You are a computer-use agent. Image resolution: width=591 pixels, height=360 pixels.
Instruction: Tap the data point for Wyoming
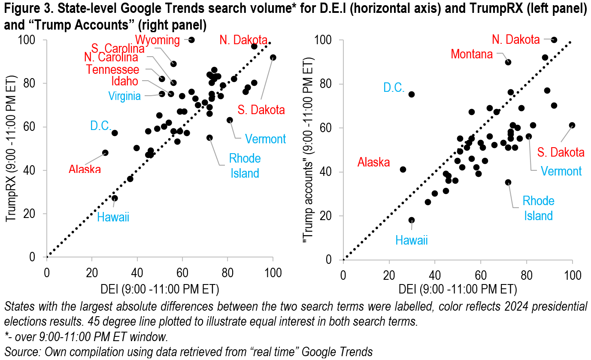pyautogui.click(x=191, y=40)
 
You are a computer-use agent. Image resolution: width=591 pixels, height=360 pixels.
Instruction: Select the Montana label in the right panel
pyautogui.click(x=471, y=54)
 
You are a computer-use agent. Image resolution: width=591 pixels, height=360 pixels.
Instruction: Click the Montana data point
pyautogui.click(x=508, y=62)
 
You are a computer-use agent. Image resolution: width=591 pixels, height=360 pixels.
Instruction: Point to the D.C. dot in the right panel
pyautogui.click(x=412, y=94)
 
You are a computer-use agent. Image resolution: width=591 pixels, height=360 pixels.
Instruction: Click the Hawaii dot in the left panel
pyautogui.click(x=115, y=198)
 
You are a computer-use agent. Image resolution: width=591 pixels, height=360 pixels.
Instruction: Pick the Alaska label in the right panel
pyautogui.click(x=373, y=162)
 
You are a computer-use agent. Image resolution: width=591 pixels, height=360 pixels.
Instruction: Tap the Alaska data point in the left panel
pyautogui.click(x=105, y=153)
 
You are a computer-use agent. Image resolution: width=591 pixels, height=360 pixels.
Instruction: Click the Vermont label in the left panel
pyautogui.click(x=265, y=139)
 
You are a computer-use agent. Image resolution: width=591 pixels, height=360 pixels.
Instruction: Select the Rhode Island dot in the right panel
pyautogui.click(x=508, y=182)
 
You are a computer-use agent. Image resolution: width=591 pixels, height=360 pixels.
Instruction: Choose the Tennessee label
pyautogui.click(x=112, y=70)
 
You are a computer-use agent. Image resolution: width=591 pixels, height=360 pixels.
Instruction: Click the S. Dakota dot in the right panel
pyautogui.click(x=572, y=125)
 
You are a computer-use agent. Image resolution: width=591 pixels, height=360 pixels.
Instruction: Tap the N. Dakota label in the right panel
pyautogui.click(x=515, y=40)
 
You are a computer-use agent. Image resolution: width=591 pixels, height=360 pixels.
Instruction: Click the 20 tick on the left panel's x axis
pyautogui.click(x=91, y=272)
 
